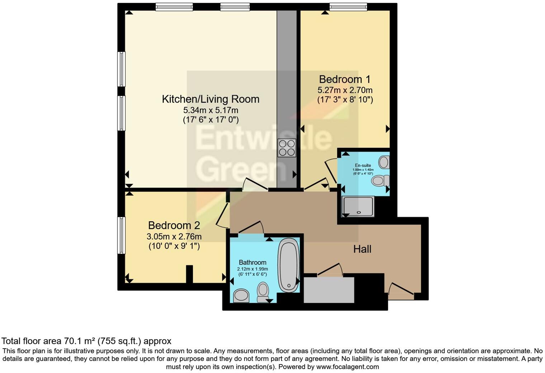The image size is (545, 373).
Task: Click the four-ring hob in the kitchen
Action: coord(287,148)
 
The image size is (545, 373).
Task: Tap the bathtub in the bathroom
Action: coord(289,265)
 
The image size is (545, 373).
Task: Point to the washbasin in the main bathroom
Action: coord(241,296)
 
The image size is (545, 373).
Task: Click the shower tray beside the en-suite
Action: coord(358,207)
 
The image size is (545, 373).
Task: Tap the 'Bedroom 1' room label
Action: coord(345,79)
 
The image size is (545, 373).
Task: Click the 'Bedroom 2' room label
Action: coord(174,225)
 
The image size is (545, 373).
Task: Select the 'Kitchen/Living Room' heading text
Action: coord(210,99)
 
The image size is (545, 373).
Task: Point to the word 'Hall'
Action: coord(362,249)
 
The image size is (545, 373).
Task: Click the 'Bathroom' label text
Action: coord(252,263)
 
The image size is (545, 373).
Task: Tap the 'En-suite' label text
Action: coord(363,165)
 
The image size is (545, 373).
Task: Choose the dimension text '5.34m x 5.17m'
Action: coord(210,110)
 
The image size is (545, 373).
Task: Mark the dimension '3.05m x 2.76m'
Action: coord(174,237)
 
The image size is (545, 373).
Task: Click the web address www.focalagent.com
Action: coord(347,367)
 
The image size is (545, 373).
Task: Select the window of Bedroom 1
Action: coord(348,6)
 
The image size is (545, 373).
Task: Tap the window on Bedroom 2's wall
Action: coord(122,235)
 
